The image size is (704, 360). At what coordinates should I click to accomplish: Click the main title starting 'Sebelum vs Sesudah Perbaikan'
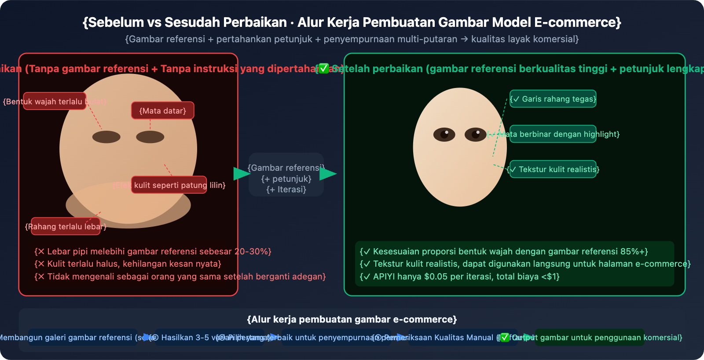(x=352, y=22)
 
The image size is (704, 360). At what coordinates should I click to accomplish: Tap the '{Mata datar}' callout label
(x=162, y=110)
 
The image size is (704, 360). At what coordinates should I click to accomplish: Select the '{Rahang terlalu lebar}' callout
(x=66, y=226)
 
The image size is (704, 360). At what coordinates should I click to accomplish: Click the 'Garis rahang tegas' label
(x=553, y=99)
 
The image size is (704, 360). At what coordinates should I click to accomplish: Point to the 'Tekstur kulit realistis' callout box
(x=553, y=169)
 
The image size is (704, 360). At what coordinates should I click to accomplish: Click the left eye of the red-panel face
(x=106, y=137)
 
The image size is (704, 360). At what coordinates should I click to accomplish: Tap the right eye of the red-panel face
(x=150, y=137)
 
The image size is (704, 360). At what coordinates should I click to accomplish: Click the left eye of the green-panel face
(x=444, y=135)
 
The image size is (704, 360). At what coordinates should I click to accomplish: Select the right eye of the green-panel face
(x=475, y=135)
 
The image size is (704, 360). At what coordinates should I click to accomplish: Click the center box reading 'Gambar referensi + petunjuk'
(x=286, y=174)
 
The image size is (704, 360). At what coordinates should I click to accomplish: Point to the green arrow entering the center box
(x=241, y=174)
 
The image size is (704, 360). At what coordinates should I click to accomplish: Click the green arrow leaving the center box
(x=327, y=174)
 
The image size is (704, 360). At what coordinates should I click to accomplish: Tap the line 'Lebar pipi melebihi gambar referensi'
(x=153, y=251)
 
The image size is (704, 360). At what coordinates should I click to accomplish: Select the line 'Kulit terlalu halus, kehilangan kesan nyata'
(x=128, y=264)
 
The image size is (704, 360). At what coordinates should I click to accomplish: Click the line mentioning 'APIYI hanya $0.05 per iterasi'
(x=459, y=276)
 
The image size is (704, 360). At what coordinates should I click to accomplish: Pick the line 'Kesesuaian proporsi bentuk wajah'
(x=504, y=251)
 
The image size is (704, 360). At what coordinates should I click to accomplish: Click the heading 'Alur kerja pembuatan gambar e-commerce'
(x=352, y=319)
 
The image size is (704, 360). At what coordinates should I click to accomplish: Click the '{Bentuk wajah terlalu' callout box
(x=55, y=101)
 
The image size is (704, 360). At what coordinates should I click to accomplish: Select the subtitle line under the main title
(x=352, y=39)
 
